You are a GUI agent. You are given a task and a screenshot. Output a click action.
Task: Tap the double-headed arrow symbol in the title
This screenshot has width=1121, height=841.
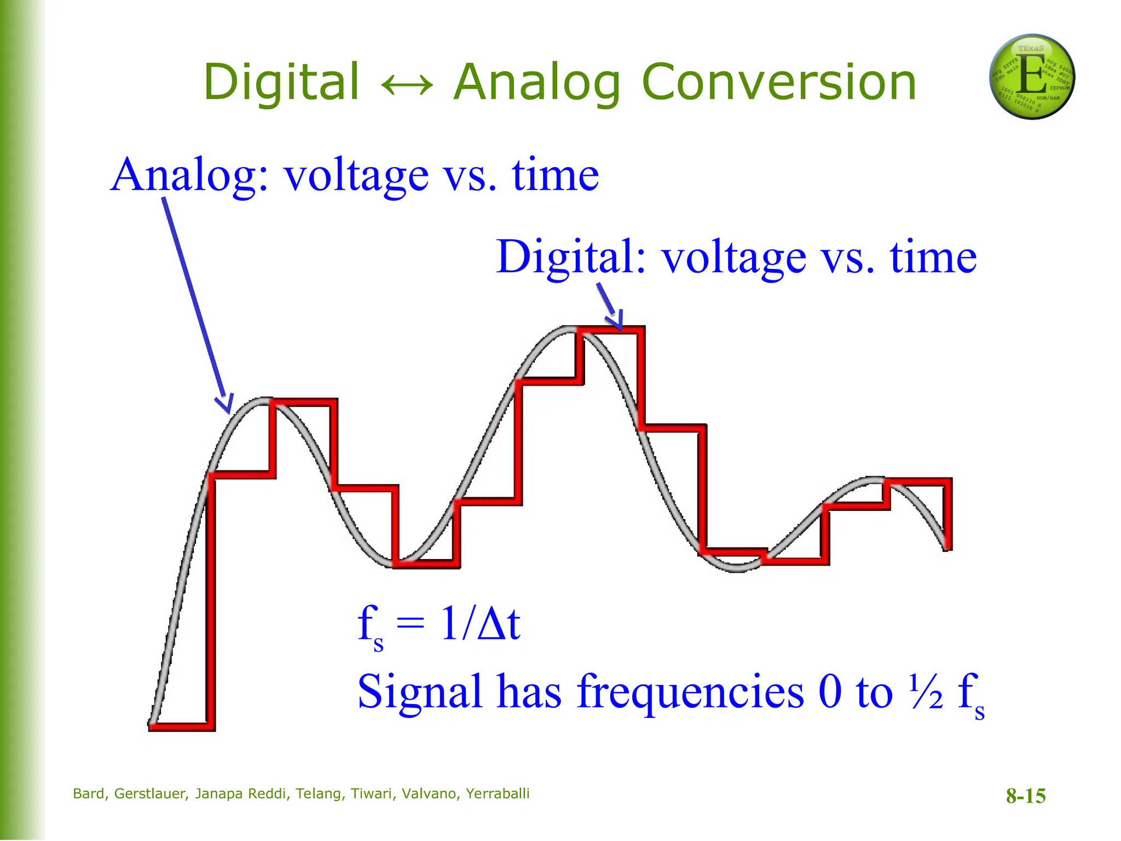407,85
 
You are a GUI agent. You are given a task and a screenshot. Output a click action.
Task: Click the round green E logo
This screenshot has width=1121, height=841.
1032,77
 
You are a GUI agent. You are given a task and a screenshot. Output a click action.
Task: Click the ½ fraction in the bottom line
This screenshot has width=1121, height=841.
926,691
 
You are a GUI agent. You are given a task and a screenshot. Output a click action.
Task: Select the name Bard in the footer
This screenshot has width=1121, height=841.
89,794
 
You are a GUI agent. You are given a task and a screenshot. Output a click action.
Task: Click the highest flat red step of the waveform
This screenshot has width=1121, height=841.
610,330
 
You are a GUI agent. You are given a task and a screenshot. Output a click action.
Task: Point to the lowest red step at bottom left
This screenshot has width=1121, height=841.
181,727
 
